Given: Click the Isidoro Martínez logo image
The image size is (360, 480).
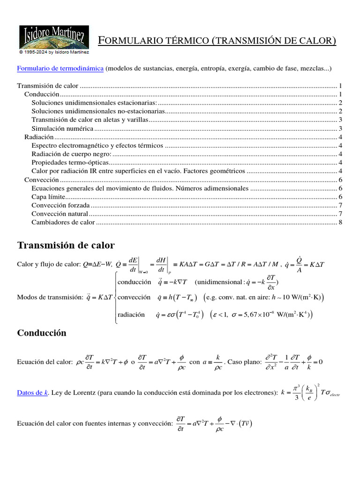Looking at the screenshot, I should [x=53, y=39].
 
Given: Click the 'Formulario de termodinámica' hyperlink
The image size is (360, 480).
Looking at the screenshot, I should [x=60, y=68].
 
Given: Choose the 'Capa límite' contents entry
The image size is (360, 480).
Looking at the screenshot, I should [x=48, y=196].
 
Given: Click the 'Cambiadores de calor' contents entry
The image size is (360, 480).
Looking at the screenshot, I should [x=63, y=222].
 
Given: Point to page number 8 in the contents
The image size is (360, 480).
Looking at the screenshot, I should [x=340, y=222].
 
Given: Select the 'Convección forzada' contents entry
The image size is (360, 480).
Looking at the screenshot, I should [x=60, y=205].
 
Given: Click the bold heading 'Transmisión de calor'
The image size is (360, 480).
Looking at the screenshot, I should [x=66, y=245].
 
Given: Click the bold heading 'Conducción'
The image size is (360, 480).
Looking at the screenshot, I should [x=42, y=333].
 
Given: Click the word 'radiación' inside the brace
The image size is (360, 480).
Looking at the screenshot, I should [x=131, y=315].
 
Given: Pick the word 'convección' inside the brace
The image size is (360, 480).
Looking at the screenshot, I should [x=134, y=297].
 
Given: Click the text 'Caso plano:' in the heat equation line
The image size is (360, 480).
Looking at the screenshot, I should [x=245, y=362].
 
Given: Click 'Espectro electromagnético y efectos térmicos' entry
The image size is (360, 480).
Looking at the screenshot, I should [x=97, y=145].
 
